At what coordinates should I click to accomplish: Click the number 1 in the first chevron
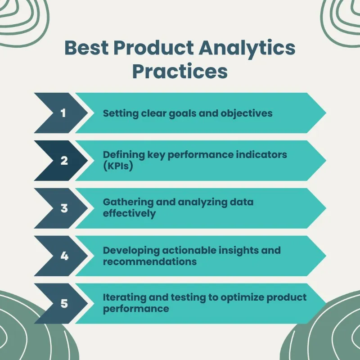click(63, 113)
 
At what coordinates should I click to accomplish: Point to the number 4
click(64, 256)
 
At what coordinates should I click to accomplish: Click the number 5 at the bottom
click(64, 304)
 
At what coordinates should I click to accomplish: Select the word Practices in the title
click(179, 72)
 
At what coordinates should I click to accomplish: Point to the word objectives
click(247, 113)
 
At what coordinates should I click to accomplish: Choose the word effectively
click(130, 213)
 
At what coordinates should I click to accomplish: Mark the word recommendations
click(150, 261)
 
